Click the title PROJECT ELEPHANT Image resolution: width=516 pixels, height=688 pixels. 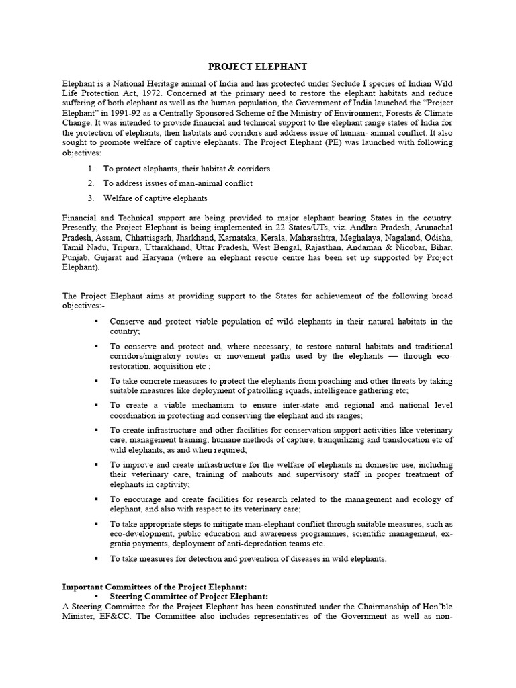pyautogui.click(x=257, y=67)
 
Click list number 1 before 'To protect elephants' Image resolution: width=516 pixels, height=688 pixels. pyautogui.click(x=90, y=169)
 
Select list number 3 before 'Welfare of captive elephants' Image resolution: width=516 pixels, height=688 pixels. pyautogui.click(x=90, y=198)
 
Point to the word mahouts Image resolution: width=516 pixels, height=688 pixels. pyautogui.click(x=247, y=474)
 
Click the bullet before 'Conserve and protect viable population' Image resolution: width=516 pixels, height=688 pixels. pyautogui.click(x=96, y=322)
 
